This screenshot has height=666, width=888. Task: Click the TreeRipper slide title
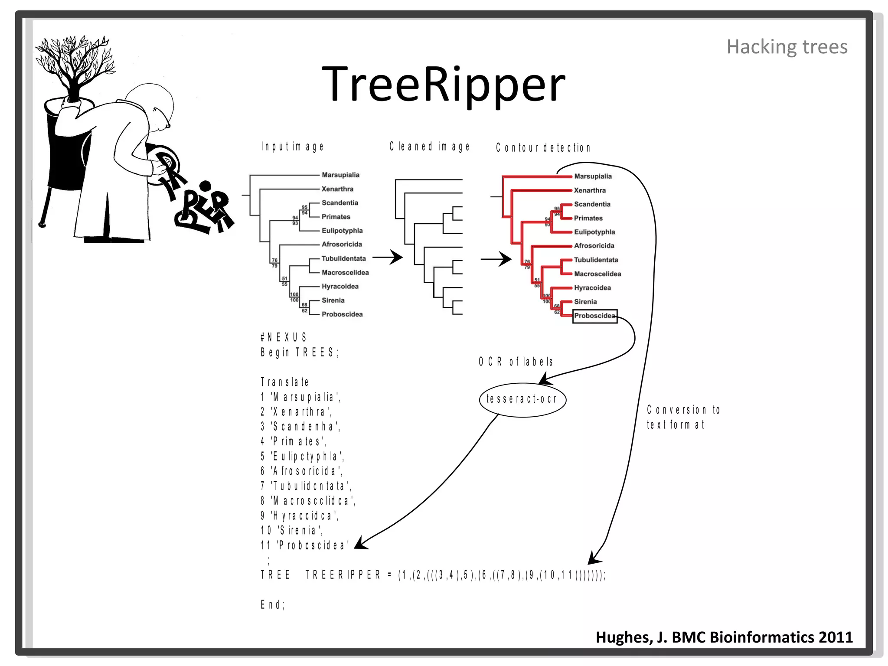pos(443,84)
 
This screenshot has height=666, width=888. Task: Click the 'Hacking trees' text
pos(787,47)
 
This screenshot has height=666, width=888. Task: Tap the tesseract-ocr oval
pos(522,399)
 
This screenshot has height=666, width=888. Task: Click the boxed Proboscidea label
pos(594,316)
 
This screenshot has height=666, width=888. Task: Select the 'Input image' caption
pos(293,147)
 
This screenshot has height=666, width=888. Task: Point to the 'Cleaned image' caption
pos(429,147)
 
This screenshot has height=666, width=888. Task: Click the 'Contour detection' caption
pos(543,148)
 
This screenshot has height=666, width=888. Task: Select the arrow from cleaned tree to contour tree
pos(496,259)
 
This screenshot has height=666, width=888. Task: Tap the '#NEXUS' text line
pos(284,337)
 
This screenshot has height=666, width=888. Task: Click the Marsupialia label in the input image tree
pos(340,175)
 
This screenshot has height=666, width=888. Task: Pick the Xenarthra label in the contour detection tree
pos(590,190)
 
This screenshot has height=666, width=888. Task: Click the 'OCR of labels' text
pos(516,362)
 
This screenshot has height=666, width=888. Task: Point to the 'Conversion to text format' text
pos(683,417)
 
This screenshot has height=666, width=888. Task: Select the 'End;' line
pos(273,604)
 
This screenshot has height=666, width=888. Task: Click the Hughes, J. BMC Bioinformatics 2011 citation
pos(724,637)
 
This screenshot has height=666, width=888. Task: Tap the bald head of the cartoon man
pos(152,102)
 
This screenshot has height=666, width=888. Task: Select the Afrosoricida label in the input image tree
pos(342,245)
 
